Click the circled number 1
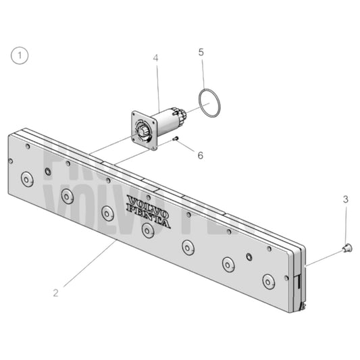click(20, 56)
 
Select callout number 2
click(56, 293)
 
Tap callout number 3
click(345, 199)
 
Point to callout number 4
click(155, 59)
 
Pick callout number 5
click(201, 52)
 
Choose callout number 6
click(200, 155)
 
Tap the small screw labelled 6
click(175, 139)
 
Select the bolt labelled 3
click(347, 248)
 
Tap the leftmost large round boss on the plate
click(27, 179)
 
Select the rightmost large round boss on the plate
click(269, 280)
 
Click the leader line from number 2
click(88, 267)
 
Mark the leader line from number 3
click(346, 226)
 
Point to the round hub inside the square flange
click(145, 131)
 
